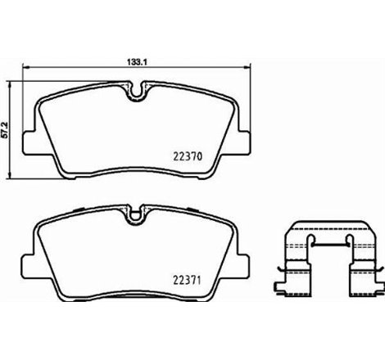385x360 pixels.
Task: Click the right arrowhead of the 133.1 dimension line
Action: (x=250, y=68)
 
